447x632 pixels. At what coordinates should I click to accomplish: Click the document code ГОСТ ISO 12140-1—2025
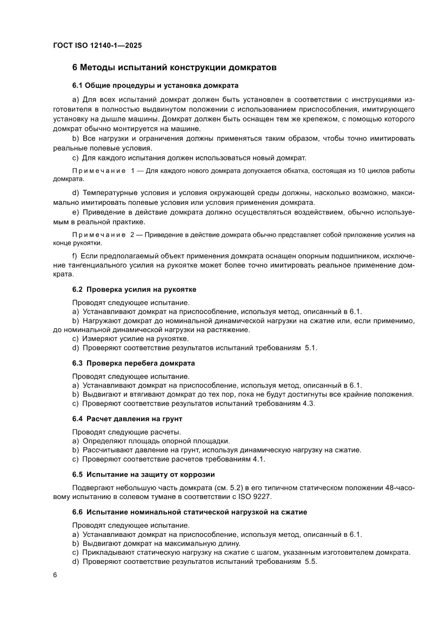pyautogui.click(x=97, y=46)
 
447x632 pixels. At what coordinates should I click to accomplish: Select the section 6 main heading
pyautogui.click(x=174, y=68)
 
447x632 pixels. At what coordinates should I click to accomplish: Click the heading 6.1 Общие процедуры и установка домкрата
pyautogui.click(x=155, y=85)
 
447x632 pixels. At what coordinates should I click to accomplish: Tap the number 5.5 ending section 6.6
pyautogui.click(x=311, y=562)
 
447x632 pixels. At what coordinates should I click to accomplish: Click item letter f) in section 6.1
pyautogui.click(x=75, y=255)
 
